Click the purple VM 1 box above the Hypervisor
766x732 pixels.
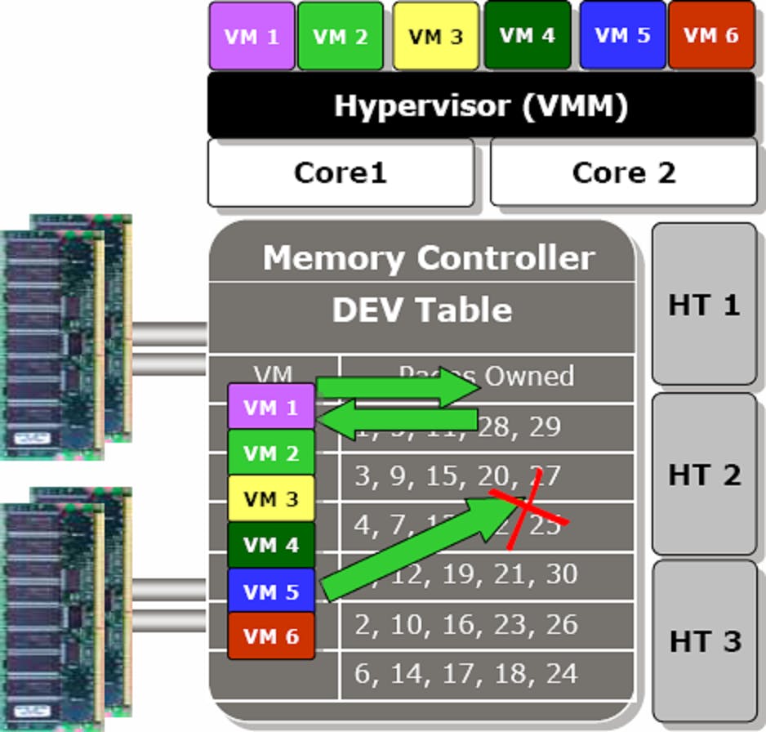click(252, 36)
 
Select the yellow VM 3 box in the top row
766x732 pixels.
click(435, 37)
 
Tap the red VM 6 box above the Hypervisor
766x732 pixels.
click(711, 35)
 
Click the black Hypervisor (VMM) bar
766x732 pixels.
click(481, 105)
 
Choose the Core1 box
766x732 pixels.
click(340, 172)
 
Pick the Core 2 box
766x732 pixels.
click(623, 172)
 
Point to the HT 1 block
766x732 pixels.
click(704, 304)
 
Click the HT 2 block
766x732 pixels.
click(704, 474)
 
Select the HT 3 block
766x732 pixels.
click(704, 640)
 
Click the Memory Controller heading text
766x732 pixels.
click(428, 258)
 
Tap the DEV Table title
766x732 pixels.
click(421, 310)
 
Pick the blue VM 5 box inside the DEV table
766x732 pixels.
click(271, 591)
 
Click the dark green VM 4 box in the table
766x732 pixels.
click(271, 545)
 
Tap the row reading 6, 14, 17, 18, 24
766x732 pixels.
click(465, 673)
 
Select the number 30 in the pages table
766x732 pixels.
click(561, 574)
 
